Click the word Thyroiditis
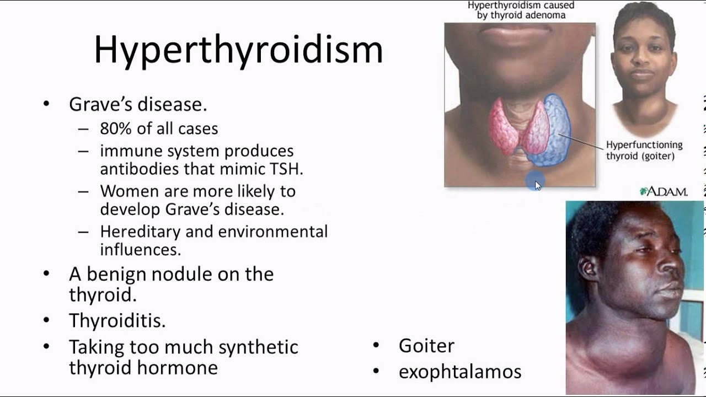pyautogui.click(x=117, y=320)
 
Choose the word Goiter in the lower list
pyautogui.click(x=426, y=346)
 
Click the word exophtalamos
pyautogui.click(x=460, y=372)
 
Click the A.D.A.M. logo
pyautogui.click(x=663, y=192)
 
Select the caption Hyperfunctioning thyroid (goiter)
pyautogui.click(x=644, y=150)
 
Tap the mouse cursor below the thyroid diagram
pyautogui.click(x=538, y=185)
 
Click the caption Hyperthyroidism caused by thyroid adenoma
pyautogui.click(x=521, y=10)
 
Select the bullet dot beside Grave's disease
pyautogui.click(x=46, y=104)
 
